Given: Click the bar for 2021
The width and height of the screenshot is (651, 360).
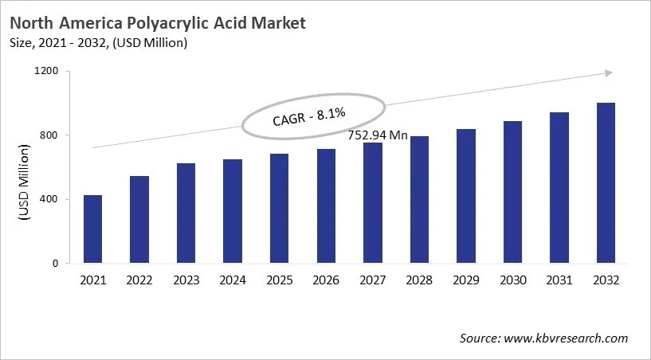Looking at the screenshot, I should coord(92,229).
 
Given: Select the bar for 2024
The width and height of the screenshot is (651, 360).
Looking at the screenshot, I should coord(233,211).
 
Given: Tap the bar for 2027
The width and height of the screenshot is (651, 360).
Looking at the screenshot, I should coord(372,203).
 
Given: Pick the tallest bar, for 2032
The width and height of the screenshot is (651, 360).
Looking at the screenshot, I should coord(606,183).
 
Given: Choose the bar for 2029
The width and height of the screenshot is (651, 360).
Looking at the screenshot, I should coord(465,196).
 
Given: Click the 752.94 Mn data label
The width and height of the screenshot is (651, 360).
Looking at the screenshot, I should coord(378,135).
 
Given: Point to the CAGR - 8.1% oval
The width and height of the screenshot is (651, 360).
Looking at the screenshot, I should coord(314,116).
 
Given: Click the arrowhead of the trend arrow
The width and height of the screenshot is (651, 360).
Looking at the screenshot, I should coord(608,73).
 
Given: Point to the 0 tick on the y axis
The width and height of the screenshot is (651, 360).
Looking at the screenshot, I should coord(56,264).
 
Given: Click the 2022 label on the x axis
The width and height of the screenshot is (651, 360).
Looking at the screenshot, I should coord(139,280).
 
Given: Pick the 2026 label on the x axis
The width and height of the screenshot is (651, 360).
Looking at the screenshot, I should coord(326,280).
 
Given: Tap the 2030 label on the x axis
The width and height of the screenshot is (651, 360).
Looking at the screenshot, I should coord(512,280).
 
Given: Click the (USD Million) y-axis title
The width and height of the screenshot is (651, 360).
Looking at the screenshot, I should coord(23,183).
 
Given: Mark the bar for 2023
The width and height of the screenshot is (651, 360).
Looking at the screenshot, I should coord(186,213).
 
